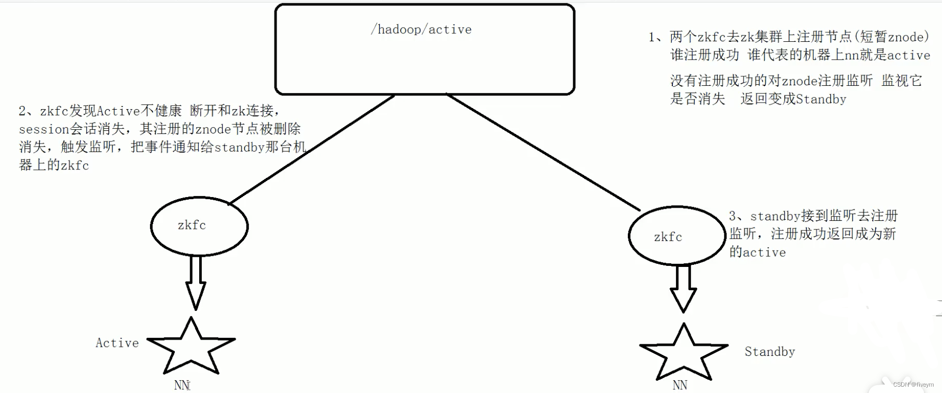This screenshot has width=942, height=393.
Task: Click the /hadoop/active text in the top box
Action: [421, 30]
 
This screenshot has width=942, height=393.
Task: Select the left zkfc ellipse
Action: [199, 227]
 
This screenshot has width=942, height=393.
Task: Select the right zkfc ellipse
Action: [677, 236]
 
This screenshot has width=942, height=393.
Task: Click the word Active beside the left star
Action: [117, 343]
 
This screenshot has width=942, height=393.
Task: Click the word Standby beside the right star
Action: [769, 352]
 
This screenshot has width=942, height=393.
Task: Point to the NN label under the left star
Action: [182, 385]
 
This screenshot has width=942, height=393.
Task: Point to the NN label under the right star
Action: [680, 385]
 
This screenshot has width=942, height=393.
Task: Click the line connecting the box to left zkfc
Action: [313, 149]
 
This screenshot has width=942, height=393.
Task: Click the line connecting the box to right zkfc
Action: [543, 152]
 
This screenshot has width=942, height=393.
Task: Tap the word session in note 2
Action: [44, 129]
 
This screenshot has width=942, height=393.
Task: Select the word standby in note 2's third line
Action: [239, 147]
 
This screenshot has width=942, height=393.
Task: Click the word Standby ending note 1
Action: [821, 100]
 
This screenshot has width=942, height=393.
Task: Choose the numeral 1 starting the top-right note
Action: [652, 37]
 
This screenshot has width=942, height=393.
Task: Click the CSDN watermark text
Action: [913, 385]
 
